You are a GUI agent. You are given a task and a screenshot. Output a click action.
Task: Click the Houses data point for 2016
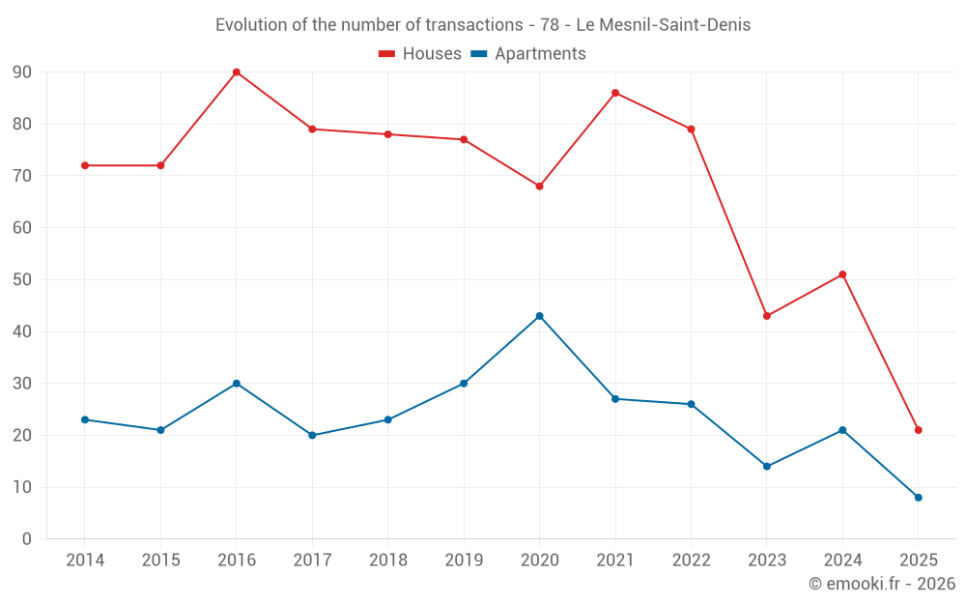coord(237,72)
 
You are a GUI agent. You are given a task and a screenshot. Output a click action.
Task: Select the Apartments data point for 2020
coord(539,316)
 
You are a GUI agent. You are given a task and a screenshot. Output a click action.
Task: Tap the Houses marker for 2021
coord(615,93)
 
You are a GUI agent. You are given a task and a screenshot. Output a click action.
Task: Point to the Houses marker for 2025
coord(918,430)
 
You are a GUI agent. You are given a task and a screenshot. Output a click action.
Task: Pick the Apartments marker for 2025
coord(918,498)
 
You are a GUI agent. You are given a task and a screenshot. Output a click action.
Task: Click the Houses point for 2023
coord(767,316)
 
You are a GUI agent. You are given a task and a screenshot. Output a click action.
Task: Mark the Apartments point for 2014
coord(85,419)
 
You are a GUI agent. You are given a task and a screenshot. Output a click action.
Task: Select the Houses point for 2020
coord(539,187)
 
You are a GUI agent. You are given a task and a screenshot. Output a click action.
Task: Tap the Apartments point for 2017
coord(312,435)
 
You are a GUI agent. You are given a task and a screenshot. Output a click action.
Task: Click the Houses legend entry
coord(420,54)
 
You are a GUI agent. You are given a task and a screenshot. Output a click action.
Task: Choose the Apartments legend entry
coord(528,54)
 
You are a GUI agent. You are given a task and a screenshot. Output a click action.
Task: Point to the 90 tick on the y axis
coord(22,72)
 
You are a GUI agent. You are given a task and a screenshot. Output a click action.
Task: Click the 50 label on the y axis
coord(22,280)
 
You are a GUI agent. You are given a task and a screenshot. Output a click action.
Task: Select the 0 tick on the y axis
coord(27,539)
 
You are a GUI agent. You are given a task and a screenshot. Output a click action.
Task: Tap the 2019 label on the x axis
coord(464,561)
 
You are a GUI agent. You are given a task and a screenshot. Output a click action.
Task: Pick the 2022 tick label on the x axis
coord(691,561)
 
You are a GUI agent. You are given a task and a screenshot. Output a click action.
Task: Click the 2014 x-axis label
coord(85,561)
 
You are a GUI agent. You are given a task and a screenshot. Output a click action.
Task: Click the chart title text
coord(483,25)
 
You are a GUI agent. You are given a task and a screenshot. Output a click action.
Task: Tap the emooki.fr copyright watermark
coord(882,584)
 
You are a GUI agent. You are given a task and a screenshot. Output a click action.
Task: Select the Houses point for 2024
coord(842,274)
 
